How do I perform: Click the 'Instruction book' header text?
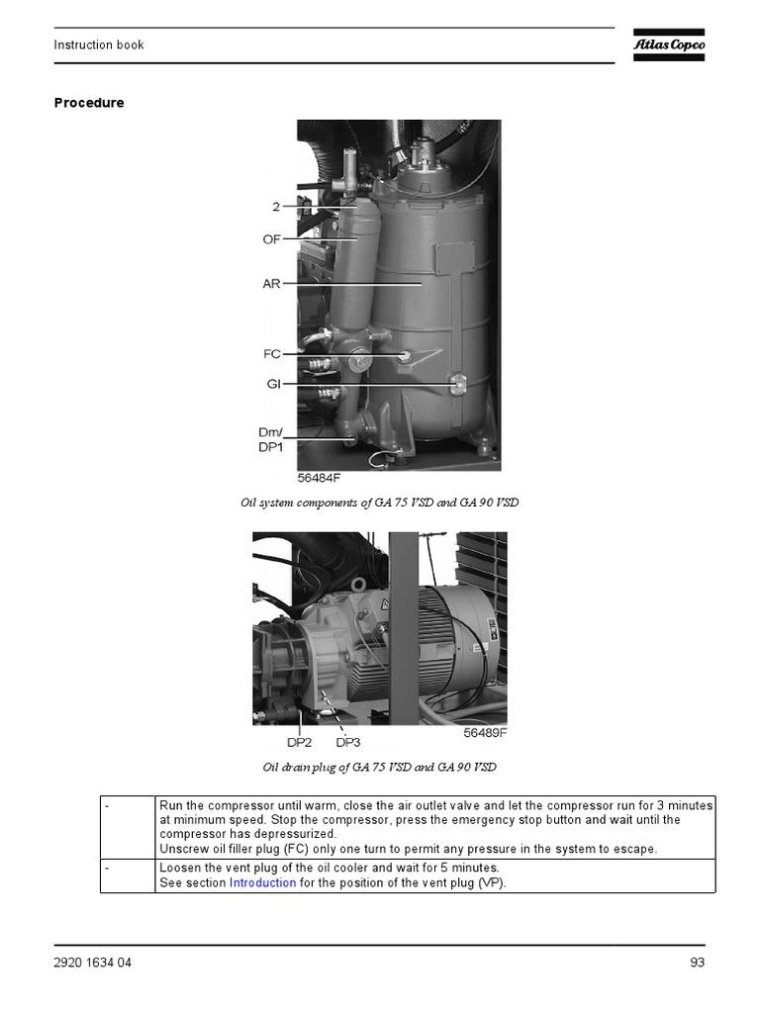(98, 45)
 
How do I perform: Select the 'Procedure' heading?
(88, 103)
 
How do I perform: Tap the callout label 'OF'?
(271, 239)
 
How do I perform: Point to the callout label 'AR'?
(271, 284)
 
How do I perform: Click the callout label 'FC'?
(272, 353)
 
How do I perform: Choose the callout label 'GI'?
(274, 383)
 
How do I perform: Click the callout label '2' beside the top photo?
(276, 207)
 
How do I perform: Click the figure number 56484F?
(319, 478)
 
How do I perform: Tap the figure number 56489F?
(485, 734)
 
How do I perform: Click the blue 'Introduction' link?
(262, 882)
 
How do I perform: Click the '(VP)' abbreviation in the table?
(491, 882)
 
